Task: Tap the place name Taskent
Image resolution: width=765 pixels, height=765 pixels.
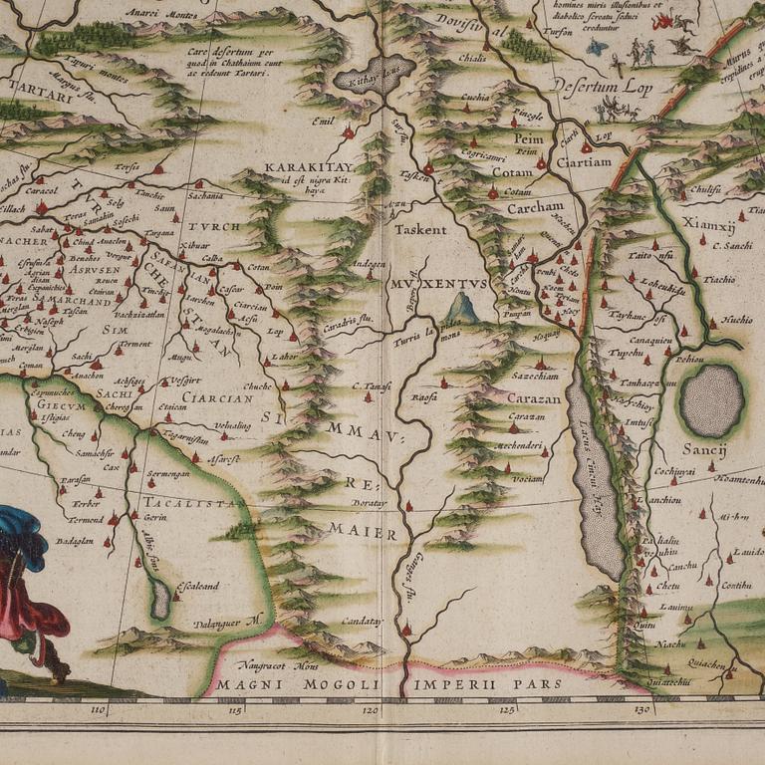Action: tap(419, 229)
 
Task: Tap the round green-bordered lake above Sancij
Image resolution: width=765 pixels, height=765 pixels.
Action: tap(711, 399)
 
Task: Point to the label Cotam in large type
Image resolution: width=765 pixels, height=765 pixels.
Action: tap(513, 172)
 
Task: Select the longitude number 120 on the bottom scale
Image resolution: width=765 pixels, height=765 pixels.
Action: tap(371, 710)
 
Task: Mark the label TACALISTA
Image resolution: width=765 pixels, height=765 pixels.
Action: tap(189, 503)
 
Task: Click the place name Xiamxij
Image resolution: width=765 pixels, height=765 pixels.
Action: tap(708, 224)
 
